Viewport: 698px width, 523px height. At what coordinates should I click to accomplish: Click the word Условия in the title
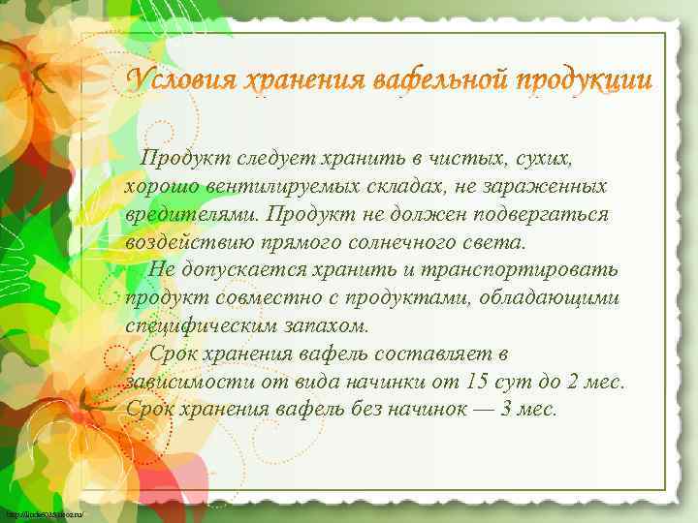point(182,79)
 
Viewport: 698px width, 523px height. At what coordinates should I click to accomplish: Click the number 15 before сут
point(476,381)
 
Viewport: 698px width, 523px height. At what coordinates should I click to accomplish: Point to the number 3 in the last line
point(508,409)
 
